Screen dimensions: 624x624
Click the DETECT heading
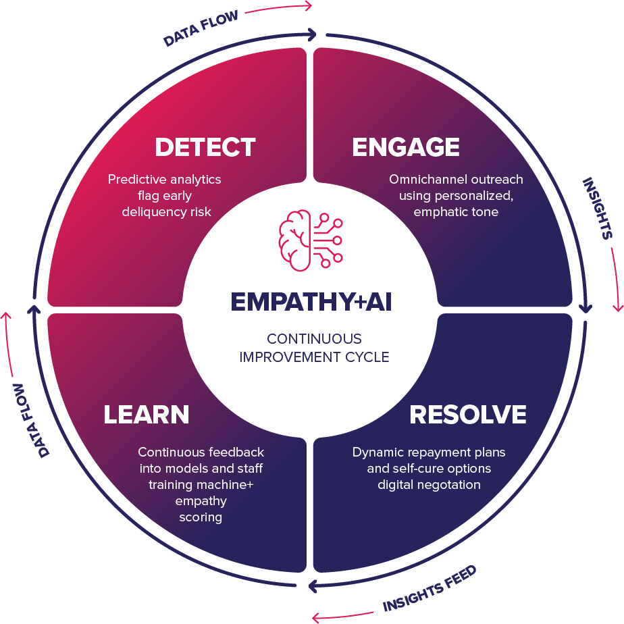[205, 147]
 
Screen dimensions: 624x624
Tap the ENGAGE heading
[406, 147]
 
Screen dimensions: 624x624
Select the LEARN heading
[146, 415]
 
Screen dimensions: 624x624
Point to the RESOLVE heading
[468, 415]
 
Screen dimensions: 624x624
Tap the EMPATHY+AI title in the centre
[311, 302]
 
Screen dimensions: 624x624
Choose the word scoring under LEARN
[201, 517]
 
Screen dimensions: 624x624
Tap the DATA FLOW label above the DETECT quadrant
[201, 28]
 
